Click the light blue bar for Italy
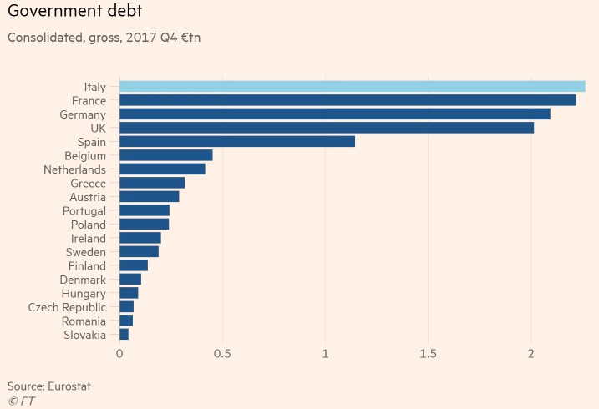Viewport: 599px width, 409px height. [352, 86]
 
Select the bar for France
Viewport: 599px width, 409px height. [348, 100]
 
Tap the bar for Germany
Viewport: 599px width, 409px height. [334, 114]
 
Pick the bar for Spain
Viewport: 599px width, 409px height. [237, 141]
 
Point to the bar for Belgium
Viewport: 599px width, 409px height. [165, 155]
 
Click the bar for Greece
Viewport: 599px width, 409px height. [152, 183]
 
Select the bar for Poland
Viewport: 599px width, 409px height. [144, 225]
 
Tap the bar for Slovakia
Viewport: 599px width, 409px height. [124, 335]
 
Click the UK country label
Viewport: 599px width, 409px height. [98, 128]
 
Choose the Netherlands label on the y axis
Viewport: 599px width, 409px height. [74, 169]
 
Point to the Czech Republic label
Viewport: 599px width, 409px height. [67, 307]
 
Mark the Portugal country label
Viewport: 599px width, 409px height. [84, 210]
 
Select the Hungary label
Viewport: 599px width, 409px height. [84, 294]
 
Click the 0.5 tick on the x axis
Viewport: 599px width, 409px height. [222, 354]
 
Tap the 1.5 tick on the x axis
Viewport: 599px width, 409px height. [428, 354]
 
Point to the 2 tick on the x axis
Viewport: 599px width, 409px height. [531, 354]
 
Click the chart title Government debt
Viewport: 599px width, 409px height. [75, 13]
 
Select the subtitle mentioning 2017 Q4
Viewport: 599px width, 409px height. [104, 38]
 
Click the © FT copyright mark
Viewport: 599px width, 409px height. [21, 401]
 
